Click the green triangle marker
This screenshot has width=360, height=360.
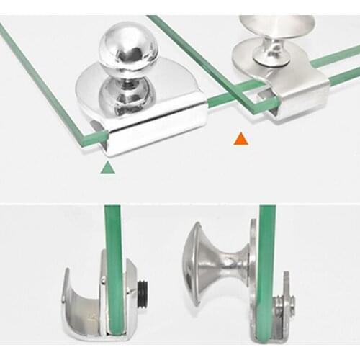[x=107, y=167]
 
